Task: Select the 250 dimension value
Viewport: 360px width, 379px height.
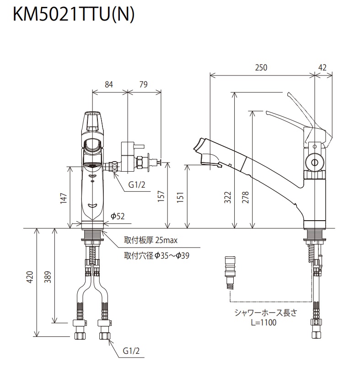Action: point(261,67)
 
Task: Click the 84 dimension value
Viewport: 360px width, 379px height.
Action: point(109,84)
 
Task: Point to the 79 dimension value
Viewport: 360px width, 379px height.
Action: point(143,84)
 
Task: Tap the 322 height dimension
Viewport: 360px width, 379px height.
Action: point(228,197)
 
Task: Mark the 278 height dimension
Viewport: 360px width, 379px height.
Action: point(246,197)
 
